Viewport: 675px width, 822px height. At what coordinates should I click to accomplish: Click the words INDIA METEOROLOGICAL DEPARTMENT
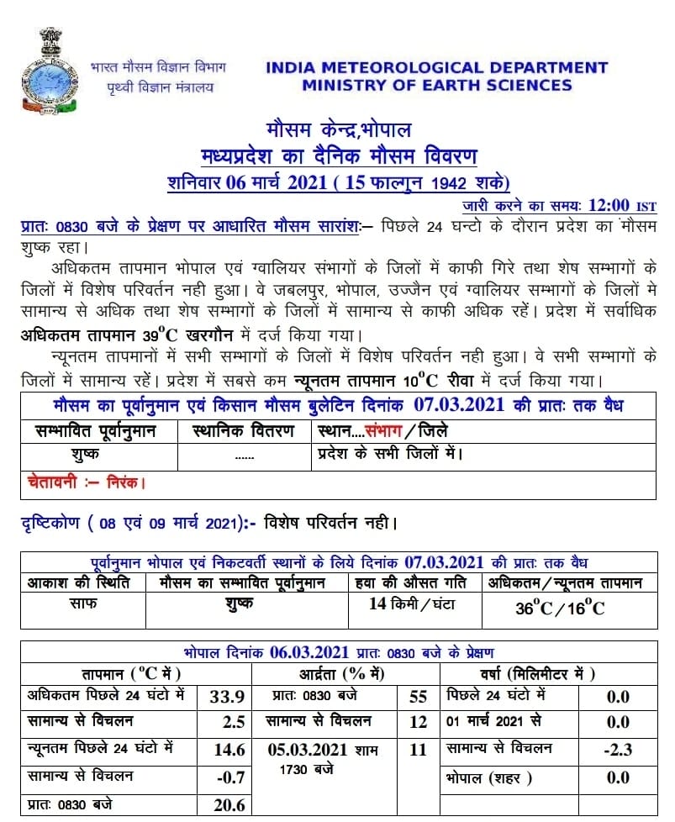click(436, 68)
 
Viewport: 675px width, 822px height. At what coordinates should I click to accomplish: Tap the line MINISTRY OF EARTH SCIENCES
click(437, 85)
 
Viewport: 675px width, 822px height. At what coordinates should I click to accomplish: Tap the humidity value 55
click(418, 697)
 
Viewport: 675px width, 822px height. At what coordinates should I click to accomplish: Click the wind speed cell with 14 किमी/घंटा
click(414, 603)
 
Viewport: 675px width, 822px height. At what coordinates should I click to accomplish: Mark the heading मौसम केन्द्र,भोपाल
click(339, 132)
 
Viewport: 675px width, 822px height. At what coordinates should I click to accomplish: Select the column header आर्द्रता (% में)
click(341, 673)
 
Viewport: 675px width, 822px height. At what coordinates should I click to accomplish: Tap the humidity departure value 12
click(418, 722)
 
